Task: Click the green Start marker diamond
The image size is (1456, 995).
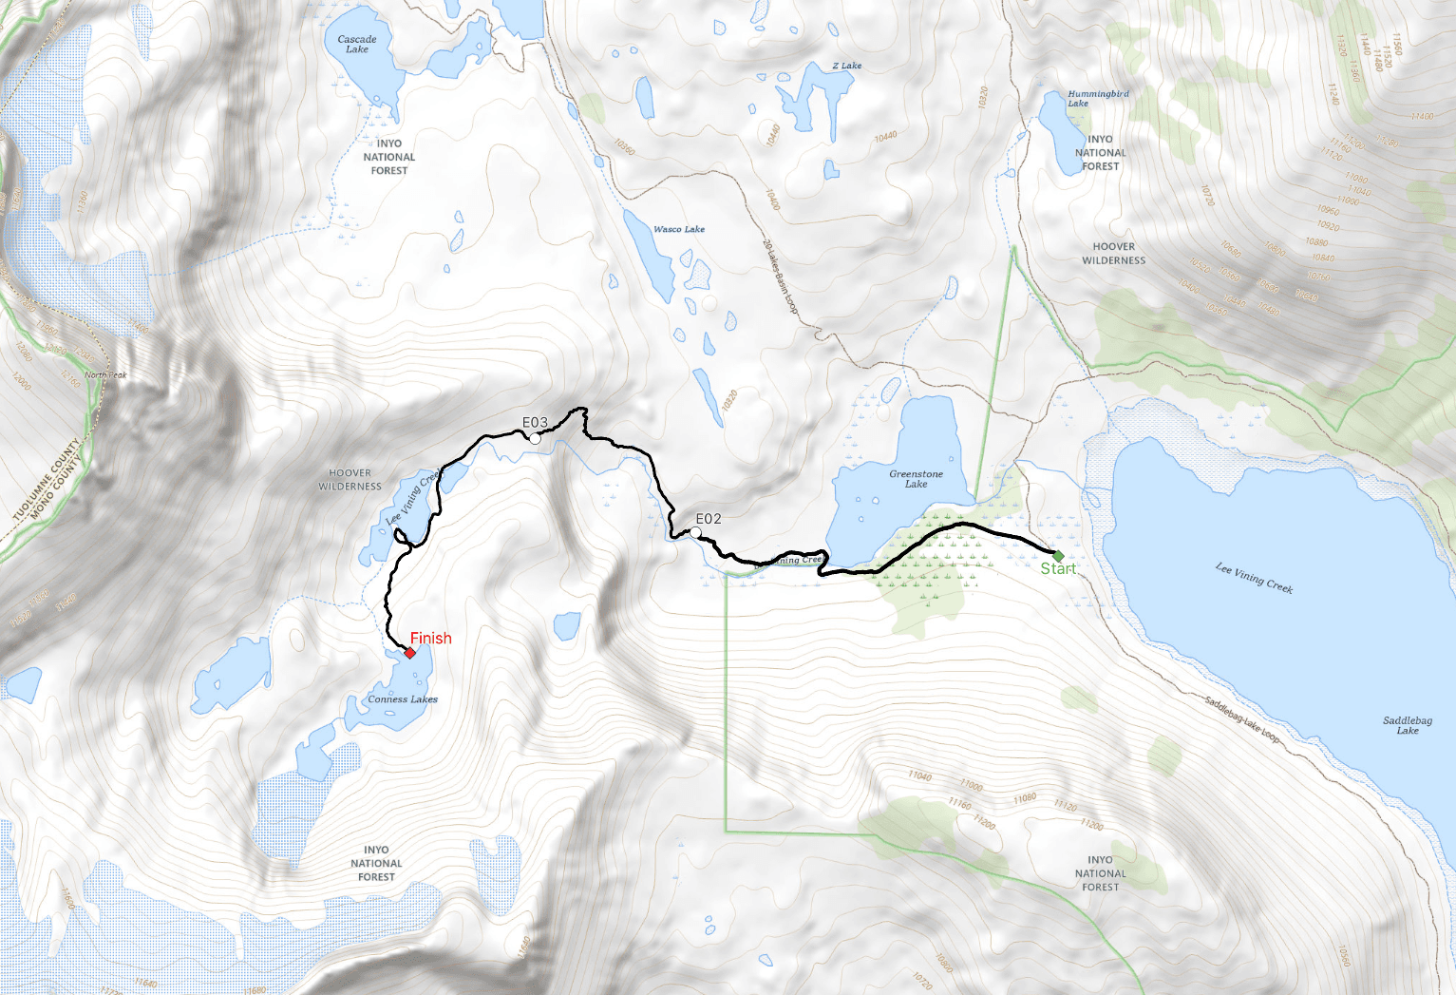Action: tap(1058, 555)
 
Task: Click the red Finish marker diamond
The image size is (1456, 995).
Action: tap(409, 653)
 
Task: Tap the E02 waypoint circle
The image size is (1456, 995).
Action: tap(696, 533)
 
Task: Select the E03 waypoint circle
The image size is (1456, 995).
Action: tap(535, 438)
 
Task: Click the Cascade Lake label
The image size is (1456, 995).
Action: tap(357, 44)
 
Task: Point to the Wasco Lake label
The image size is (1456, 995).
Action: tap(679, 229)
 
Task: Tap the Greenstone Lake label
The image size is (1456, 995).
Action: tap(916, 478)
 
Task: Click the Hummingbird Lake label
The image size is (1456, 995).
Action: tap(1097, 98)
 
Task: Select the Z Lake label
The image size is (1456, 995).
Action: tap(847, 66)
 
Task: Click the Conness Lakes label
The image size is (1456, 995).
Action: tap(403, 699)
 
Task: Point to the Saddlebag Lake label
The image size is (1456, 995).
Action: tap(1407, 725)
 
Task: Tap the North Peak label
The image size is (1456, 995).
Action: tap(105, 375)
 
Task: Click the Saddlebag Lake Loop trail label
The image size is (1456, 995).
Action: tap(1242, 720)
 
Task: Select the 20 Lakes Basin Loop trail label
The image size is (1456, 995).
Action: tap(780, 277)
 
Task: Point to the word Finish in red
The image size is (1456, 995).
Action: tap(431, 639)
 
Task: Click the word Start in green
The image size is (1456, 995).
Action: tap(1058, 569)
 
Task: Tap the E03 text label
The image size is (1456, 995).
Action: tap(535, 423)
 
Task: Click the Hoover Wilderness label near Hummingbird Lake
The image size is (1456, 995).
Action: tap(1113, 253)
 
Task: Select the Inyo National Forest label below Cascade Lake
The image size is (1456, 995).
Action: tap(389, 157)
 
